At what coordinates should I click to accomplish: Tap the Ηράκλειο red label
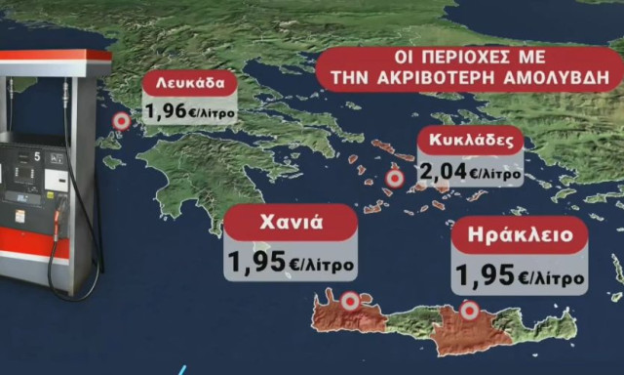coord(521,235)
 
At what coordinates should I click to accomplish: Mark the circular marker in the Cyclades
coord(395,180)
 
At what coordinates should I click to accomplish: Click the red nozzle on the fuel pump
coord(59,220)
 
